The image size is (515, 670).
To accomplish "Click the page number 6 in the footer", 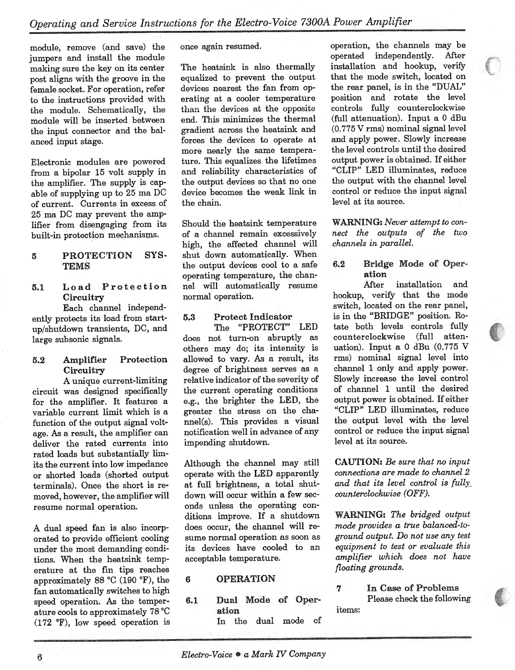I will pos(39,657).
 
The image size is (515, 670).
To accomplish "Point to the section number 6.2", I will pos(339,264).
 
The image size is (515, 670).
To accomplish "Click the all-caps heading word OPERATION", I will pos(245,579).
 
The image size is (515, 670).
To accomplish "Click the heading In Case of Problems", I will pos(413,588).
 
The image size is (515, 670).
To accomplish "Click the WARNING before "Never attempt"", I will pos(357,222).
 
